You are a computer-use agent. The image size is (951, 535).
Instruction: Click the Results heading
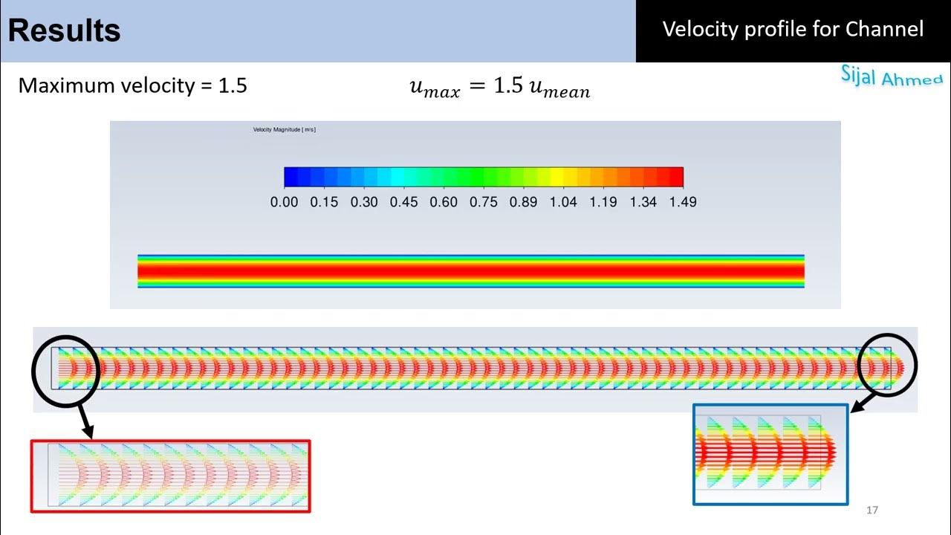pos(65,31)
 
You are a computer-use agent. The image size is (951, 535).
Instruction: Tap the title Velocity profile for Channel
pos(793,29)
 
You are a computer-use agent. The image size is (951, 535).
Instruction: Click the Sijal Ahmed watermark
pos(892,76)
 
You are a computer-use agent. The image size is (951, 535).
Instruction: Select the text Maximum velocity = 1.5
pos(132,85)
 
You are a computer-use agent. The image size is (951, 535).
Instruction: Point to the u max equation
pos(499,88)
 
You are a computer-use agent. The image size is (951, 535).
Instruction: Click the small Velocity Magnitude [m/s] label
pos(285,130)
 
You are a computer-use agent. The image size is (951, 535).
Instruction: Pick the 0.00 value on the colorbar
pos(284,201)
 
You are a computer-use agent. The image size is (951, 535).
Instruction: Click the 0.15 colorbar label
pos(324,201)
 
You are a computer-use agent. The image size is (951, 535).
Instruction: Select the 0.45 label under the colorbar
pos(404,201)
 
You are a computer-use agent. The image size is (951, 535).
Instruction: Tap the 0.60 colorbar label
pos(444,201)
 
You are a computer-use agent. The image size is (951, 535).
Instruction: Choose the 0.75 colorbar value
pos(484,201)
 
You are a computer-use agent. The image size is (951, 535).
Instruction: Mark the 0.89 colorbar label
pos(523,201)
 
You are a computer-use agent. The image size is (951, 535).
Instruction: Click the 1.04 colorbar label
pos(563,201)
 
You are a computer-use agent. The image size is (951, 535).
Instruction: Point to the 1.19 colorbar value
pos(603,201)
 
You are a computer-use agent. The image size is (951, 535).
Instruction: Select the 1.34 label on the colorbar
pos(643,201)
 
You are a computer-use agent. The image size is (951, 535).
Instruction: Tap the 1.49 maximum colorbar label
pos(682,201)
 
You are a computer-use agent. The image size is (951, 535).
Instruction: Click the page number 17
pos(872,510)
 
